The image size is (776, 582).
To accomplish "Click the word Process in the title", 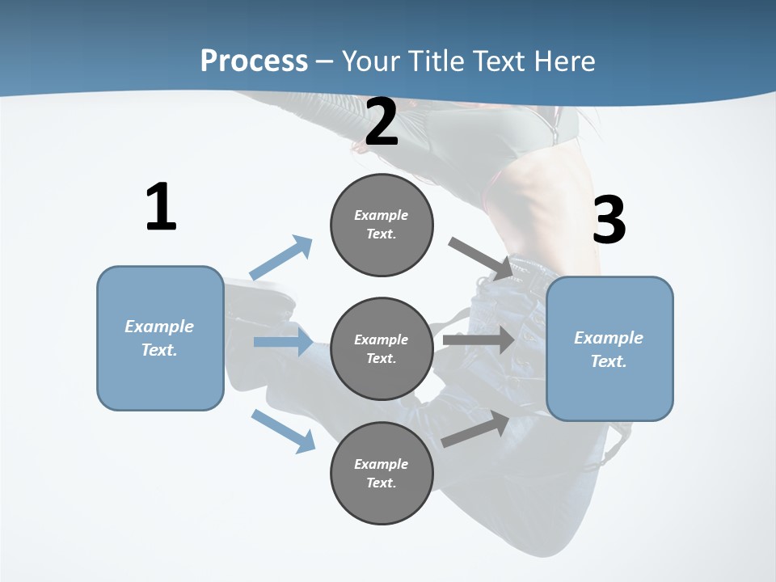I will [x=254, y=61].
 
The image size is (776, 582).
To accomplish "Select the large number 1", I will [x=161, y=208].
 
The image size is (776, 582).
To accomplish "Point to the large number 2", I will [x=382, y=123].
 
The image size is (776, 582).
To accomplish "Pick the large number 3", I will [x=609, y=221].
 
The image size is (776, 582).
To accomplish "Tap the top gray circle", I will [x=382, y=225].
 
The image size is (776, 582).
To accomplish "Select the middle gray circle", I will [x=382, y=348].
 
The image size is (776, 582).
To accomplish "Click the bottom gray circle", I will [x=382, y=473].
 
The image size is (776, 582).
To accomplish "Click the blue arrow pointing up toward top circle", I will [x=281, y=258].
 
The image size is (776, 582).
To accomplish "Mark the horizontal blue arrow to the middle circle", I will [x=282, y=342].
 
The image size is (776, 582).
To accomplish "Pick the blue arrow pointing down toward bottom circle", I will [x=283, y=430].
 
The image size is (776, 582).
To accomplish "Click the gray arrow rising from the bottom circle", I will [x=476, y=429].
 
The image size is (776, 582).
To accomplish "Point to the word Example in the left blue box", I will [x=159, y=327].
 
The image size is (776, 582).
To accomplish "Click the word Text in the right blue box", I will [x=608, y=361].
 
